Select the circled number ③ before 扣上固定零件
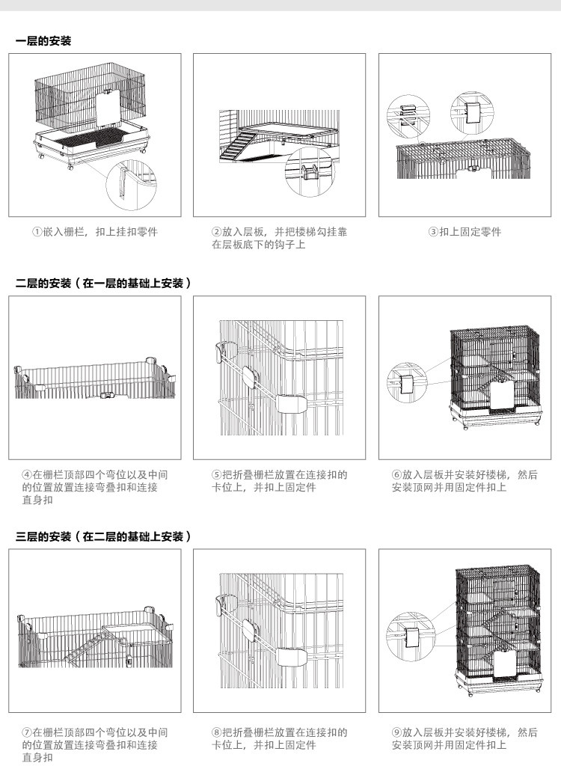pos(432,232)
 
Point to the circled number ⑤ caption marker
pos(217,475)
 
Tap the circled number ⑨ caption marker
pos(396,733)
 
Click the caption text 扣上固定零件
pos(470,232)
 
